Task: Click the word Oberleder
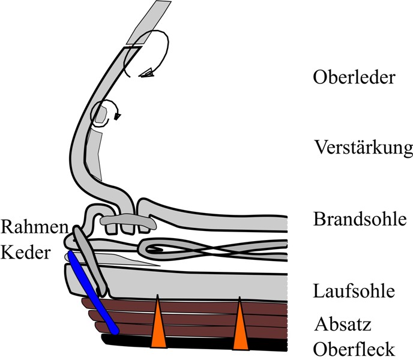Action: (354, 79)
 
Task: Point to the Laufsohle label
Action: (354, 292)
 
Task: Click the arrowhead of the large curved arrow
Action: (146, 74)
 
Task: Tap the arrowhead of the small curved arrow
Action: (115, 116)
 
